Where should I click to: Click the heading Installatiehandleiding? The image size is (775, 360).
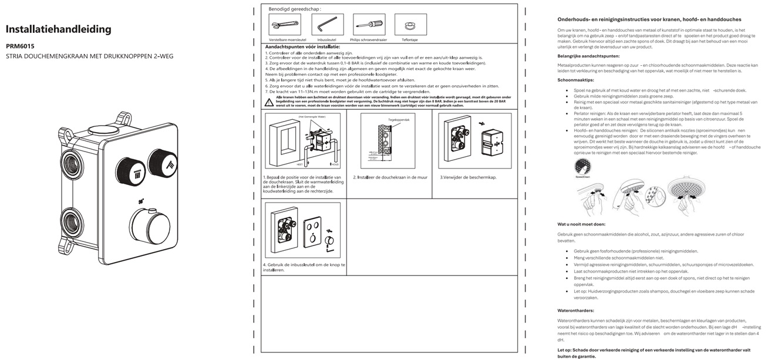coord(58,29)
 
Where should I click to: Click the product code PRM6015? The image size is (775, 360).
coord(20,46)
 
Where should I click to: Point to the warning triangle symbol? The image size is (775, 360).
coord(269,102)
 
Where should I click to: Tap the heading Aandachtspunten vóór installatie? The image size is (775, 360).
coord(302,46)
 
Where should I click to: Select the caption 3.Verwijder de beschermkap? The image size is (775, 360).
coord(468,177)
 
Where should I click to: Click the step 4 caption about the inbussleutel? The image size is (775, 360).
coord(304,267)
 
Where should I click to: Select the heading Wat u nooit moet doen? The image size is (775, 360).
coord(581,224)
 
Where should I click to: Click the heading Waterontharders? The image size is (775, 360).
coord(575,310)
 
